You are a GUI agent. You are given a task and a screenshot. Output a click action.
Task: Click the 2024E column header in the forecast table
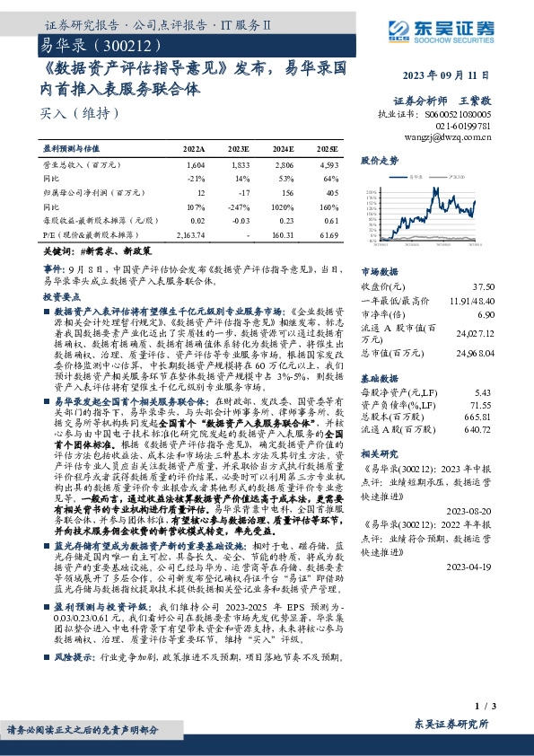[x=284, y=148]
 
